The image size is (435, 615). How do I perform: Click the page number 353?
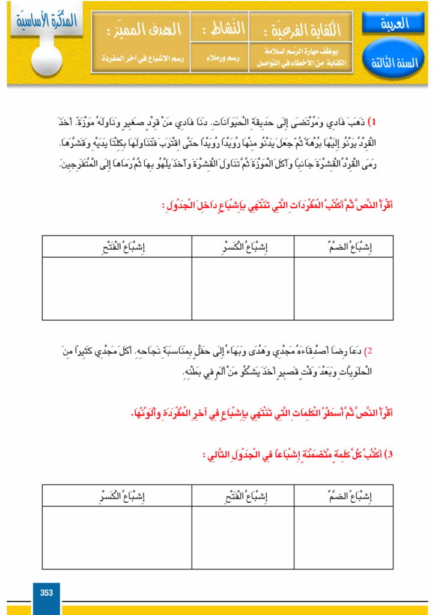click(46, 593)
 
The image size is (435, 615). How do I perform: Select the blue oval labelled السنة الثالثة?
click(394, 62)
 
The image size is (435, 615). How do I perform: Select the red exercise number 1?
click(373, 122)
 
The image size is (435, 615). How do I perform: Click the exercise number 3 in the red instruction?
click(389, 455)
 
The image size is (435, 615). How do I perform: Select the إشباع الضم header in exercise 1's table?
click(344, 246)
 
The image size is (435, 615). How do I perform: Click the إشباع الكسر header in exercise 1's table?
click(243, 246)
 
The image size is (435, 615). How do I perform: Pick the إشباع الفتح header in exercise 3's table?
click(243, 496)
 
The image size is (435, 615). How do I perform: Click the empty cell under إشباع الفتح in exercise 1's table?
click(117, 288)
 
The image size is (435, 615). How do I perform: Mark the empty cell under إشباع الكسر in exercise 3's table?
click(117, 538)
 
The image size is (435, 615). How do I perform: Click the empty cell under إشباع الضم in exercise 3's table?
click(344, 538)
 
